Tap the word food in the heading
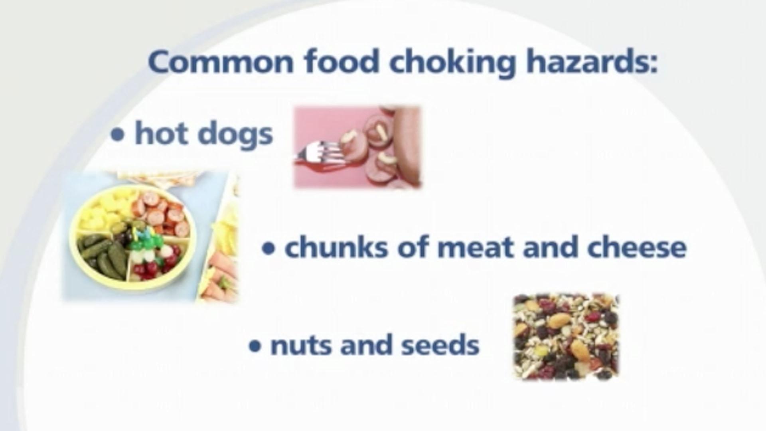340,62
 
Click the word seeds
440,345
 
